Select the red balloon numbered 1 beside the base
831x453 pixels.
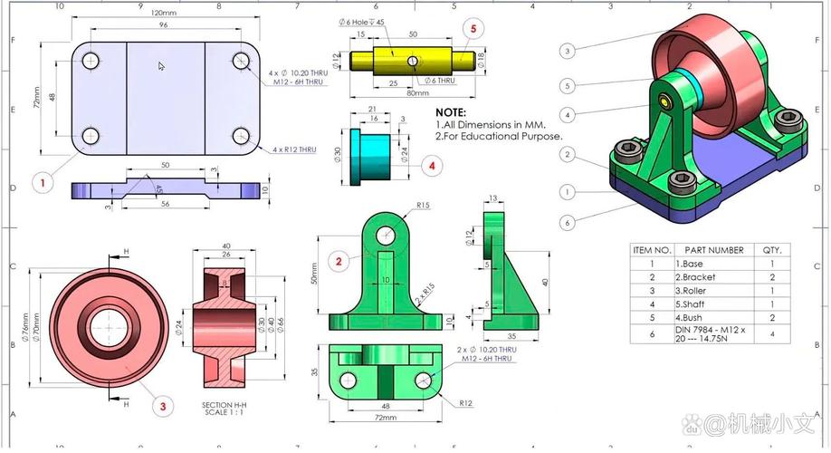point(42,182)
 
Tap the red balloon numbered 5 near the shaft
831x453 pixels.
point(472,29)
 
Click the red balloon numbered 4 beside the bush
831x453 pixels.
point(433,166)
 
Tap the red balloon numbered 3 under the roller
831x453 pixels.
point(163,407)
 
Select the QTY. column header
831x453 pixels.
point(772,250)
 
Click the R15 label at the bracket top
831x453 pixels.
point(423,206)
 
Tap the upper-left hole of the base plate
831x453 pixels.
point(91,62)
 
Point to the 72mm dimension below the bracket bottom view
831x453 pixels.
point(386,418)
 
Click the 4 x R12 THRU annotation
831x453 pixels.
point(293,149)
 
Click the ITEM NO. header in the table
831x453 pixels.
point(652,250)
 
